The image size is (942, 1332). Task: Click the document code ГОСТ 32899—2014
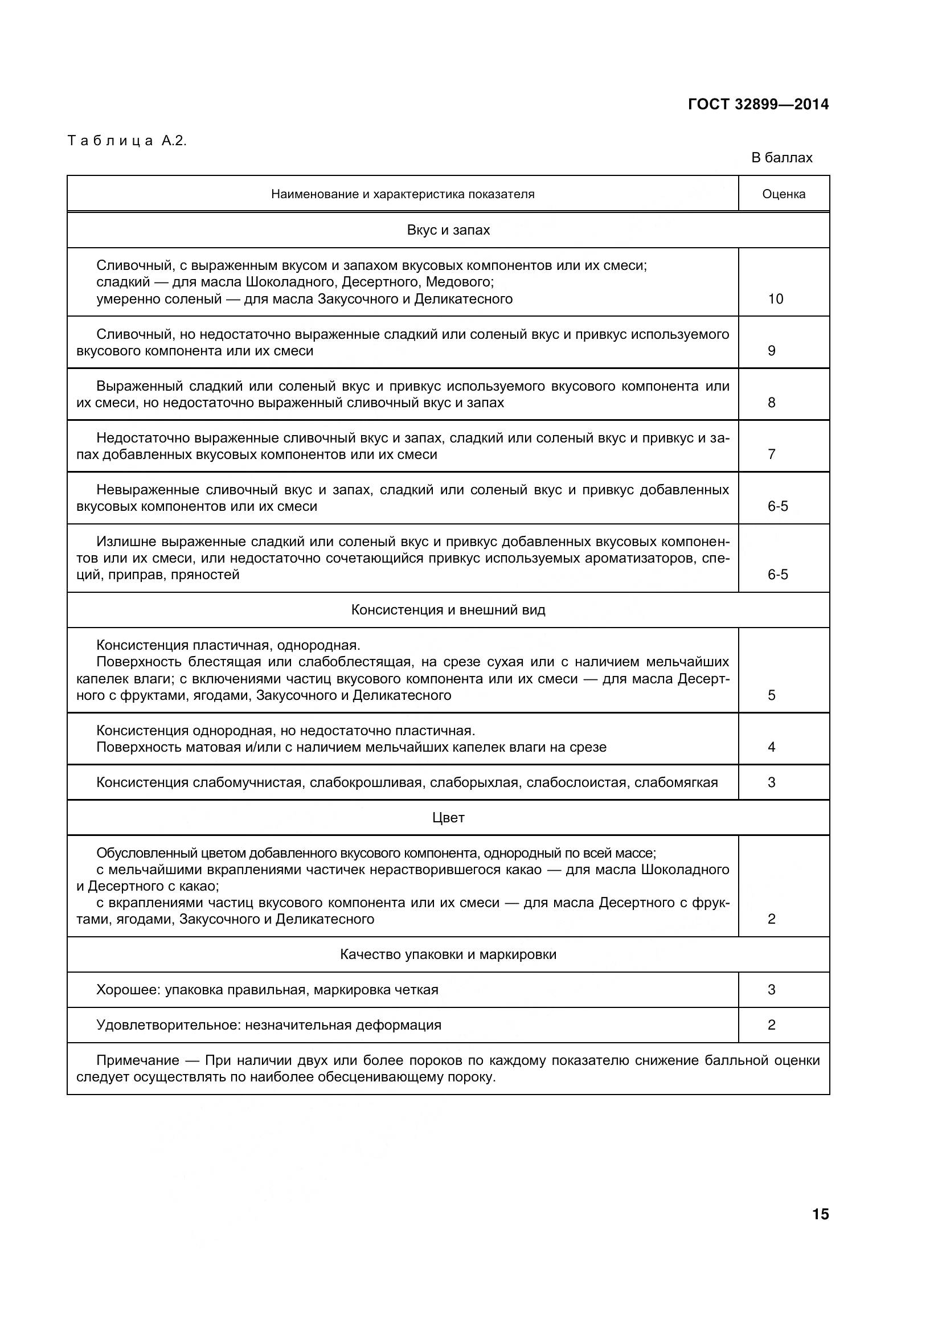(758, 104)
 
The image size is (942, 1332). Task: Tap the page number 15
(820, 1214)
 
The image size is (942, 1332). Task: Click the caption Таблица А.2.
(127, 141)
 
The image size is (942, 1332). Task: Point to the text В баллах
(781, 158)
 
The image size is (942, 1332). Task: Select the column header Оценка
(783, 194)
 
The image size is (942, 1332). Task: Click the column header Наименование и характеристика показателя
(403, 194)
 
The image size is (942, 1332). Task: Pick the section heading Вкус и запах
(448, 230)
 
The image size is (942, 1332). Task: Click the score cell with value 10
(776, 299)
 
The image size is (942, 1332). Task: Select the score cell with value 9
(772, 350)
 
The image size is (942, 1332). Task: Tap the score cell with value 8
(772, 403)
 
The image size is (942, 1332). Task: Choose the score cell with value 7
(772, 454)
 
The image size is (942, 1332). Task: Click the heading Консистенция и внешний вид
(448, 610)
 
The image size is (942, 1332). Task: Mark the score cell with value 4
(772, 747)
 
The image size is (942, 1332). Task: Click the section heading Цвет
(448, 817)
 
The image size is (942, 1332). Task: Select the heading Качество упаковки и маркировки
(448, 954)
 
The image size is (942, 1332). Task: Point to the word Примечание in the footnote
(137, 1060)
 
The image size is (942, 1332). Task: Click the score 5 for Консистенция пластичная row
(772, 695)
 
